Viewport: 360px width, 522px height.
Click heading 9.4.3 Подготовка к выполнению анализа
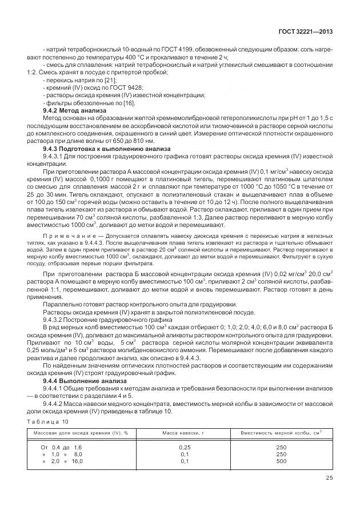(97, 148)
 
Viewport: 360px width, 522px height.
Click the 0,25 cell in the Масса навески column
(185, 447)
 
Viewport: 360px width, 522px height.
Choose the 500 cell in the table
(281, 461)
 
